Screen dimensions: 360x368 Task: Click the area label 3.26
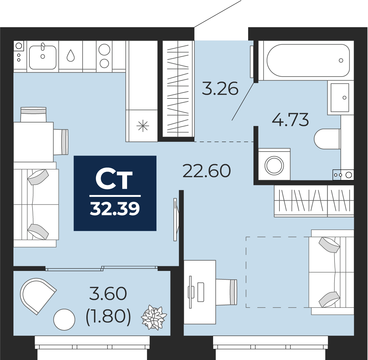(x=220, y=89)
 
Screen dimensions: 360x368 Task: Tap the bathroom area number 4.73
(x=290, y=120)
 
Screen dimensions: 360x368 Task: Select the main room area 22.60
(x=207, y=171)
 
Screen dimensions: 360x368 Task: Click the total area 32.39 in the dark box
(x=115, y=209)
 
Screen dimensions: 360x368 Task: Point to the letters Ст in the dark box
(x=114, y=180)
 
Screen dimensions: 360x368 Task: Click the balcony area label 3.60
(x=108, y=294)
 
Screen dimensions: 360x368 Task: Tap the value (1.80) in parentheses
(x=108, y=316)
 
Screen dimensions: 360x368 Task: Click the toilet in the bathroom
(x=327, y=139)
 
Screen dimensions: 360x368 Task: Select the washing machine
(x=274, y=165)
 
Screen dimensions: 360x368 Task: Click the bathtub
(x=308, y=61)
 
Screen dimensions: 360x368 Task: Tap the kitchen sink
(x=43, y=57)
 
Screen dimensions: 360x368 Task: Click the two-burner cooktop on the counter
(x=104, y=56)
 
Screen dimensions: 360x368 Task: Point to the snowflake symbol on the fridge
(x=143, y=126)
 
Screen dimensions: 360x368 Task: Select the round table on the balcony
(x=64, y=319)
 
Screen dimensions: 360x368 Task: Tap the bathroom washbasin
(x=340, y=97)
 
